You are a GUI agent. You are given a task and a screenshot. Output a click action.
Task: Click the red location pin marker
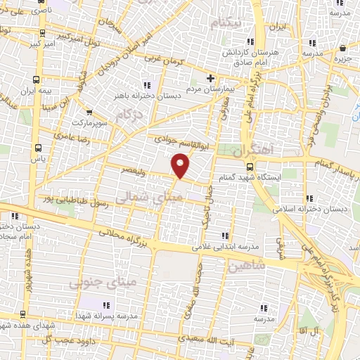pyautogui.click(x=181, y=166)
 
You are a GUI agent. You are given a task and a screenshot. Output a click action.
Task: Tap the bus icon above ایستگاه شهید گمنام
pyautogui.click(x=250, y=166)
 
